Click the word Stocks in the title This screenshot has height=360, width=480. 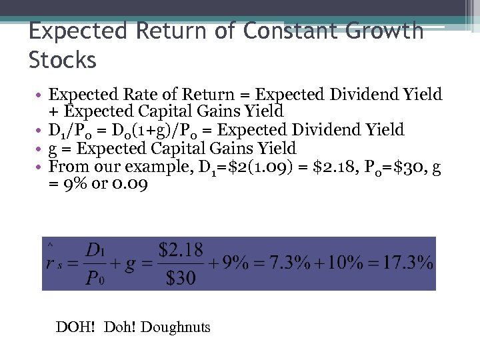63,60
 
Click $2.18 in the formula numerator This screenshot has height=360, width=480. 181,250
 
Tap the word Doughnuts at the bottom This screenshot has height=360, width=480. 175,327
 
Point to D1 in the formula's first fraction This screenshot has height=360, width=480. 95,250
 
